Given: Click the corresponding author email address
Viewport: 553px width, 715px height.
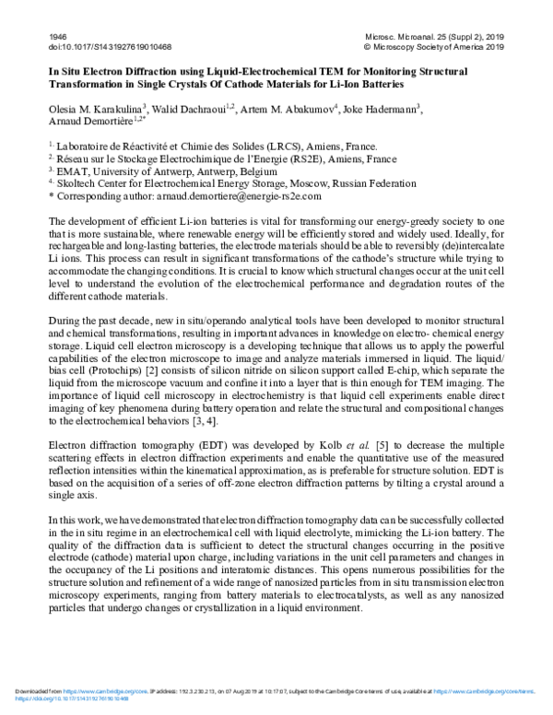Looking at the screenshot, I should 243,196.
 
